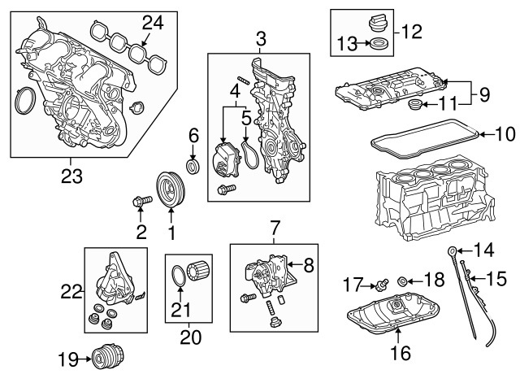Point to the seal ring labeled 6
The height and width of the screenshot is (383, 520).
pyautogui.click(x=193, y=167)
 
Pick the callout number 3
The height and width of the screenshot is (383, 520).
pyautogui.click(x=260, y=37)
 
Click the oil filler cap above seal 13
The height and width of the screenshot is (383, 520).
pyautogui.click(x=375, y=25)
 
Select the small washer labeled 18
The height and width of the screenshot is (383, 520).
pyautogui.click(x=401, y=281)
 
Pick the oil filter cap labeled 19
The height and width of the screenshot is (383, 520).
pyautogui.click(x=102, y=356)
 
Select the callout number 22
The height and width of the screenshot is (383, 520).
pyautogui.click(x=72, y=288)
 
